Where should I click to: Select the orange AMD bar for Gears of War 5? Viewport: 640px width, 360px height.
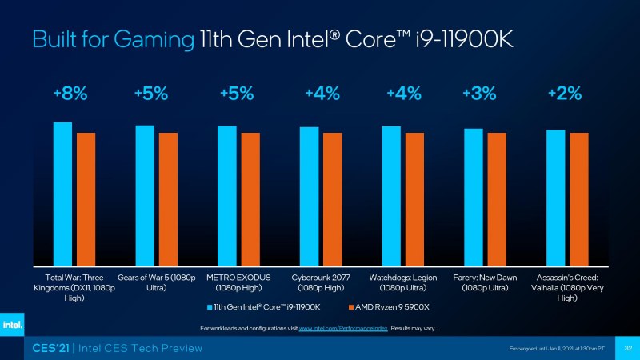168,199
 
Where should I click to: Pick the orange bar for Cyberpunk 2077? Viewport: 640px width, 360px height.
332,199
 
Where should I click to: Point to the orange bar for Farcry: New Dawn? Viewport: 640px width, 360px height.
497,199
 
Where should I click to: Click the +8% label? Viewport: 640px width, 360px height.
70,94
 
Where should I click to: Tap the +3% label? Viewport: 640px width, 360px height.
478,94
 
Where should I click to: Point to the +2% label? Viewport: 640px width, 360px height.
564,94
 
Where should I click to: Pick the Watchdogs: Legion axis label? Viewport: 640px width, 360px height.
402,282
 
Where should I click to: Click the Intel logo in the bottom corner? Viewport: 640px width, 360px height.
12,325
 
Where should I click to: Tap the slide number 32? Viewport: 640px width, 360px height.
628,348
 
